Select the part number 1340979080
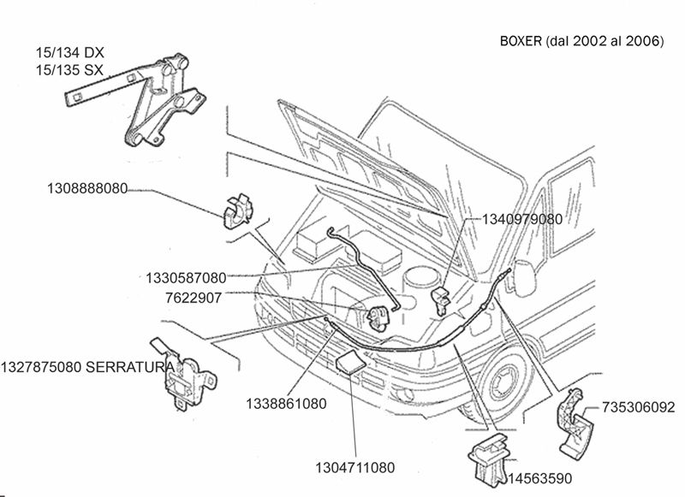[522, 219]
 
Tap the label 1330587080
[186, 278]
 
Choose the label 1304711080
[354, 468]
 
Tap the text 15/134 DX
[70, 52]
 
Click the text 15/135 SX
[70, 69]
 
